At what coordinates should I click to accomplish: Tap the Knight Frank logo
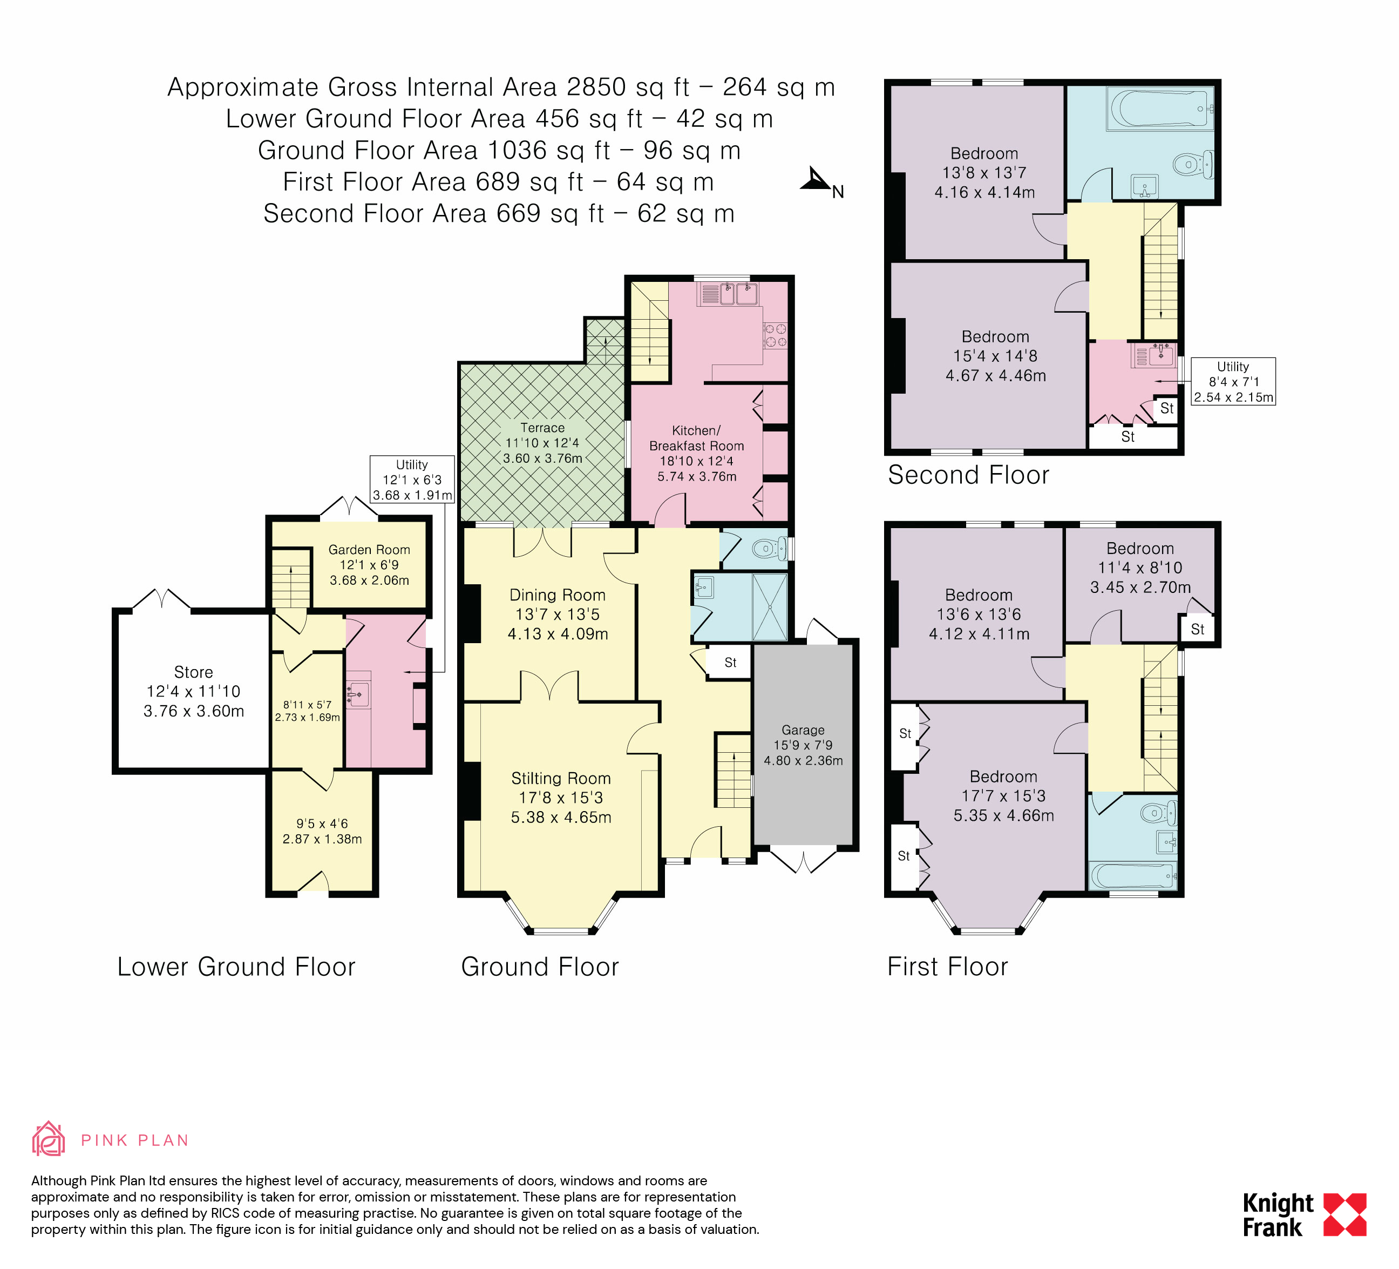click(x=1304, y=1215)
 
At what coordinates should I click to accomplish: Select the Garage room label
click(x=803, y=730)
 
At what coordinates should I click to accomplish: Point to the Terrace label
click(x=542, y=428)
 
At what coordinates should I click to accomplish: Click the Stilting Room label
click(x=561, y=778)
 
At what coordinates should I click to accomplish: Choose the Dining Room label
click(x=557, y=595)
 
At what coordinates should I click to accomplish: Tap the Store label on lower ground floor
click(x=194, y=672)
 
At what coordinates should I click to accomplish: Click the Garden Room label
click(x=369, y=550)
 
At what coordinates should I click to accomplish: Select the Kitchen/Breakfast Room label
click(x=696, y=438)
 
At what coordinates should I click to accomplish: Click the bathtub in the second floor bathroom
click(x=1163, y=107)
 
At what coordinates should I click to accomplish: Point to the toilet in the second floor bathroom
click(x=1193, y=165)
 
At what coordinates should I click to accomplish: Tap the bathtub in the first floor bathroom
click(x=1132, y=875)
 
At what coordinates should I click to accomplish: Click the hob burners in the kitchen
click(x=775, y=335)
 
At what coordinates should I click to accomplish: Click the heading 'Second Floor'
click(x=968, y=475)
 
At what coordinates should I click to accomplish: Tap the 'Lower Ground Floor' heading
click(x=236, y=966)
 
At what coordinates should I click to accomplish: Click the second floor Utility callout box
click(x=1233, y=382)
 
